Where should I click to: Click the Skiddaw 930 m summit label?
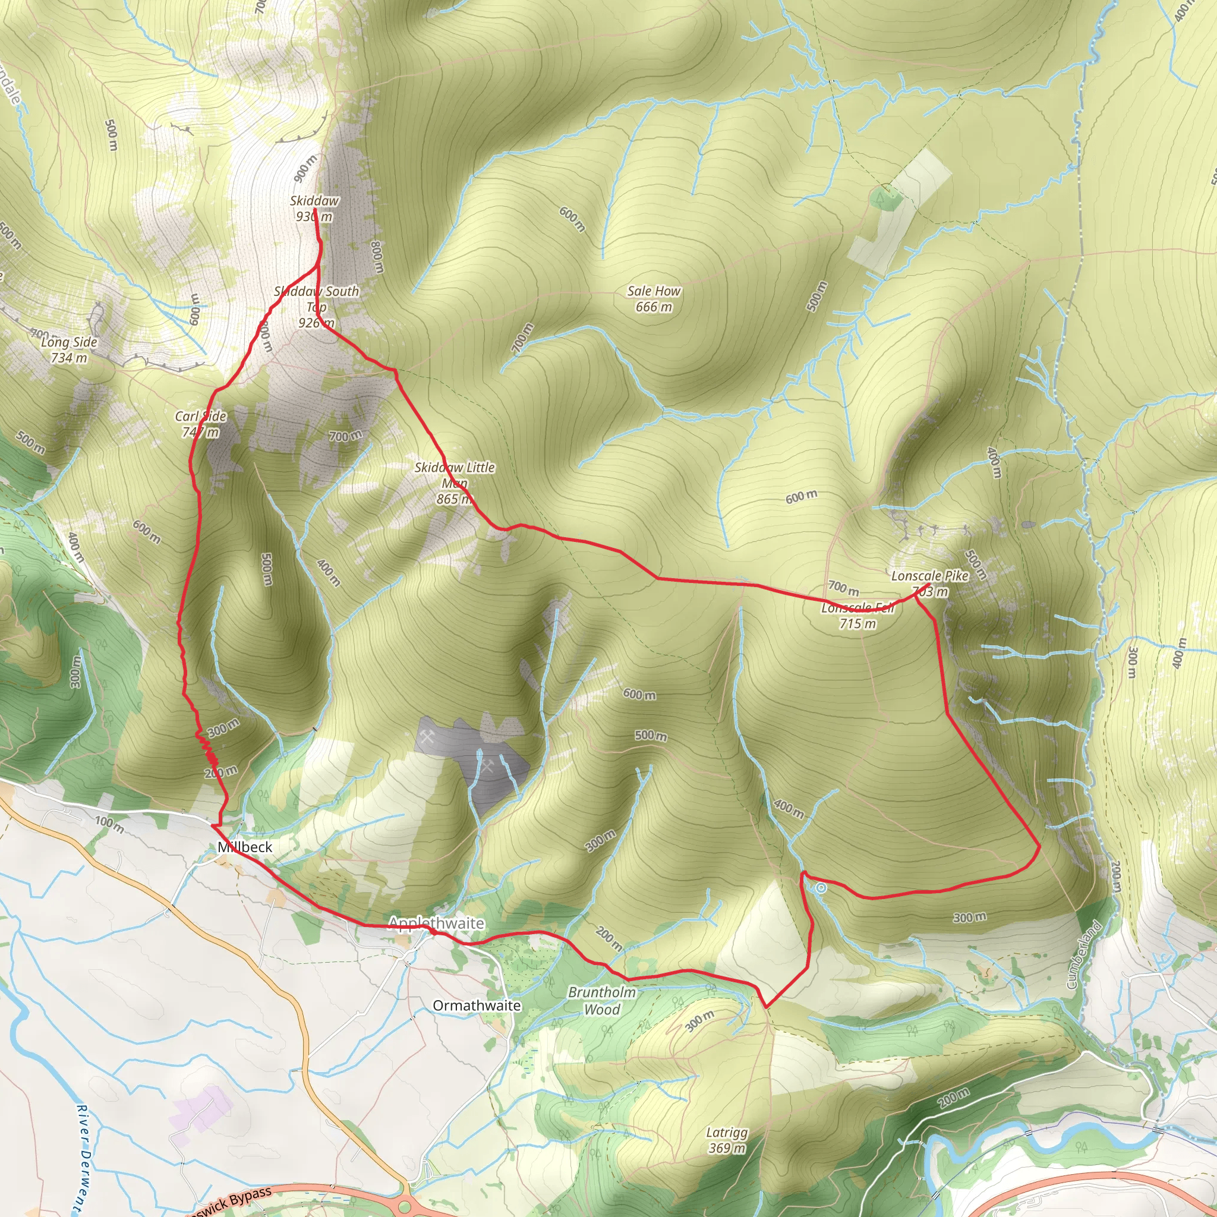314,209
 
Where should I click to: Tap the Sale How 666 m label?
653,298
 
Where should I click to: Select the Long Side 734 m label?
69,349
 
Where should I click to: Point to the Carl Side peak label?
200,424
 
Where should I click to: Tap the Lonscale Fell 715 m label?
857,616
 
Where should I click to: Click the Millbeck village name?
244,847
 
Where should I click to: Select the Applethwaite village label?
436,923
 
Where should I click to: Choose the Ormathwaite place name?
476,1005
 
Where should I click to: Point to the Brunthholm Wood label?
601,1001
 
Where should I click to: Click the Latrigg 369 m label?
727,1140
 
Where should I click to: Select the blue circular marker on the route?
820,888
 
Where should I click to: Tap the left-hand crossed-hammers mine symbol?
427,737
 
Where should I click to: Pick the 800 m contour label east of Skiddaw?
377,256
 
